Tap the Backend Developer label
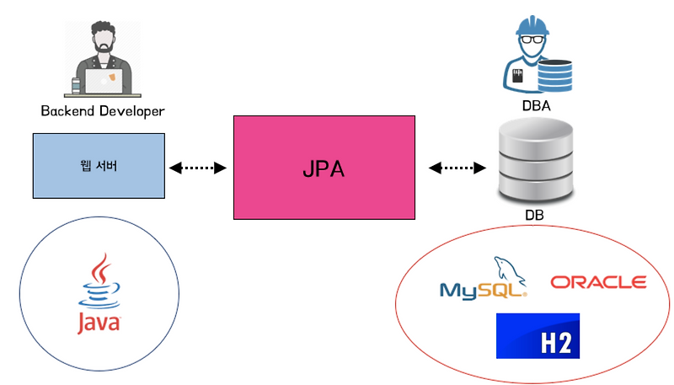point(103,111)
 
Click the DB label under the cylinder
point(534,216)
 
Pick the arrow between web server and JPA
point(199,168)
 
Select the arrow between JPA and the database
point(459,168)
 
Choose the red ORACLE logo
point(598,282)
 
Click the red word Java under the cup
point(99,323)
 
